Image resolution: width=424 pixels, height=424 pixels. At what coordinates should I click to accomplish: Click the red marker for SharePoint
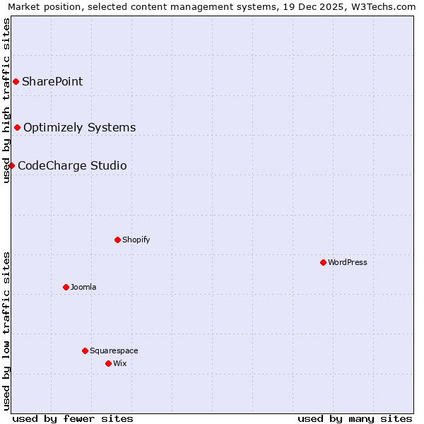[x=16, y=81]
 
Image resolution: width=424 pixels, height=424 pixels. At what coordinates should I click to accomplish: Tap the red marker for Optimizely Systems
[x=18, y=127]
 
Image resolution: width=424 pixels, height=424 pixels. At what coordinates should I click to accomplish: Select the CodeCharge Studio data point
[x=12, y=165]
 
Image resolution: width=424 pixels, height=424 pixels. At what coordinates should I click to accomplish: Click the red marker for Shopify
[x=117, y=240]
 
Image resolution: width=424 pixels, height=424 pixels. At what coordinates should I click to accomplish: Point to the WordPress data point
[x=323, y=262]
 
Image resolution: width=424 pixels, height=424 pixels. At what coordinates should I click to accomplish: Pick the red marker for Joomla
[x=66, y=287]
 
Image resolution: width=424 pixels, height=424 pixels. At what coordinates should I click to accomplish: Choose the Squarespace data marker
[x=85, y=351]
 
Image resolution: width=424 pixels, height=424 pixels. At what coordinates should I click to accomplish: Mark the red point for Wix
[x=108, y=363]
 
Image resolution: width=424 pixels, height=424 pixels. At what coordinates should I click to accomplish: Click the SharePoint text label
[x=52, y=81]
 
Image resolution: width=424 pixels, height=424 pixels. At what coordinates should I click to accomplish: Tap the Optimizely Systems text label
[x=79, y=127]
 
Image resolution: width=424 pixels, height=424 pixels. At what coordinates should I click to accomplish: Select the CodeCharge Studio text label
[x=72, y=165]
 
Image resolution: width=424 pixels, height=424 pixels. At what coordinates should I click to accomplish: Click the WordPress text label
[x=347, y=262]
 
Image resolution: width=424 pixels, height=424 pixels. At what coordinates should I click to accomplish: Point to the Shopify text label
[x=136, y=240]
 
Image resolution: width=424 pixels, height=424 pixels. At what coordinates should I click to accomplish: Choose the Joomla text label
[x=83, y=287]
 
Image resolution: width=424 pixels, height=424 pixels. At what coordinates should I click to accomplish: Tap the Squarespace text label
[x=114, y=351]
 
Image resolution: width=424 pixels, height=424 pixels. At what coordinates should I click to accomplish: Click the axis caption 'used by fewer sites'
[x=73, y=418]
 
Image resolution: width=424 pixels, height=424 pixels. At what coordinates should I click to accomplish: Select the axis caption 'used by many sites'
[x=355, y=418]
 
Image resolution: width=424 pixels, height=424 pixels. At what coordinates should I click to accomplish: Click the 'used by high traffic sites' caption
[x=6, y=100]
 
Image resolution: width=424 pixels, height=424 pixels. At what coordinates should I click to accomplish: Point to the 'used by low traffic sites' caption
[x=6, y=331]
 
